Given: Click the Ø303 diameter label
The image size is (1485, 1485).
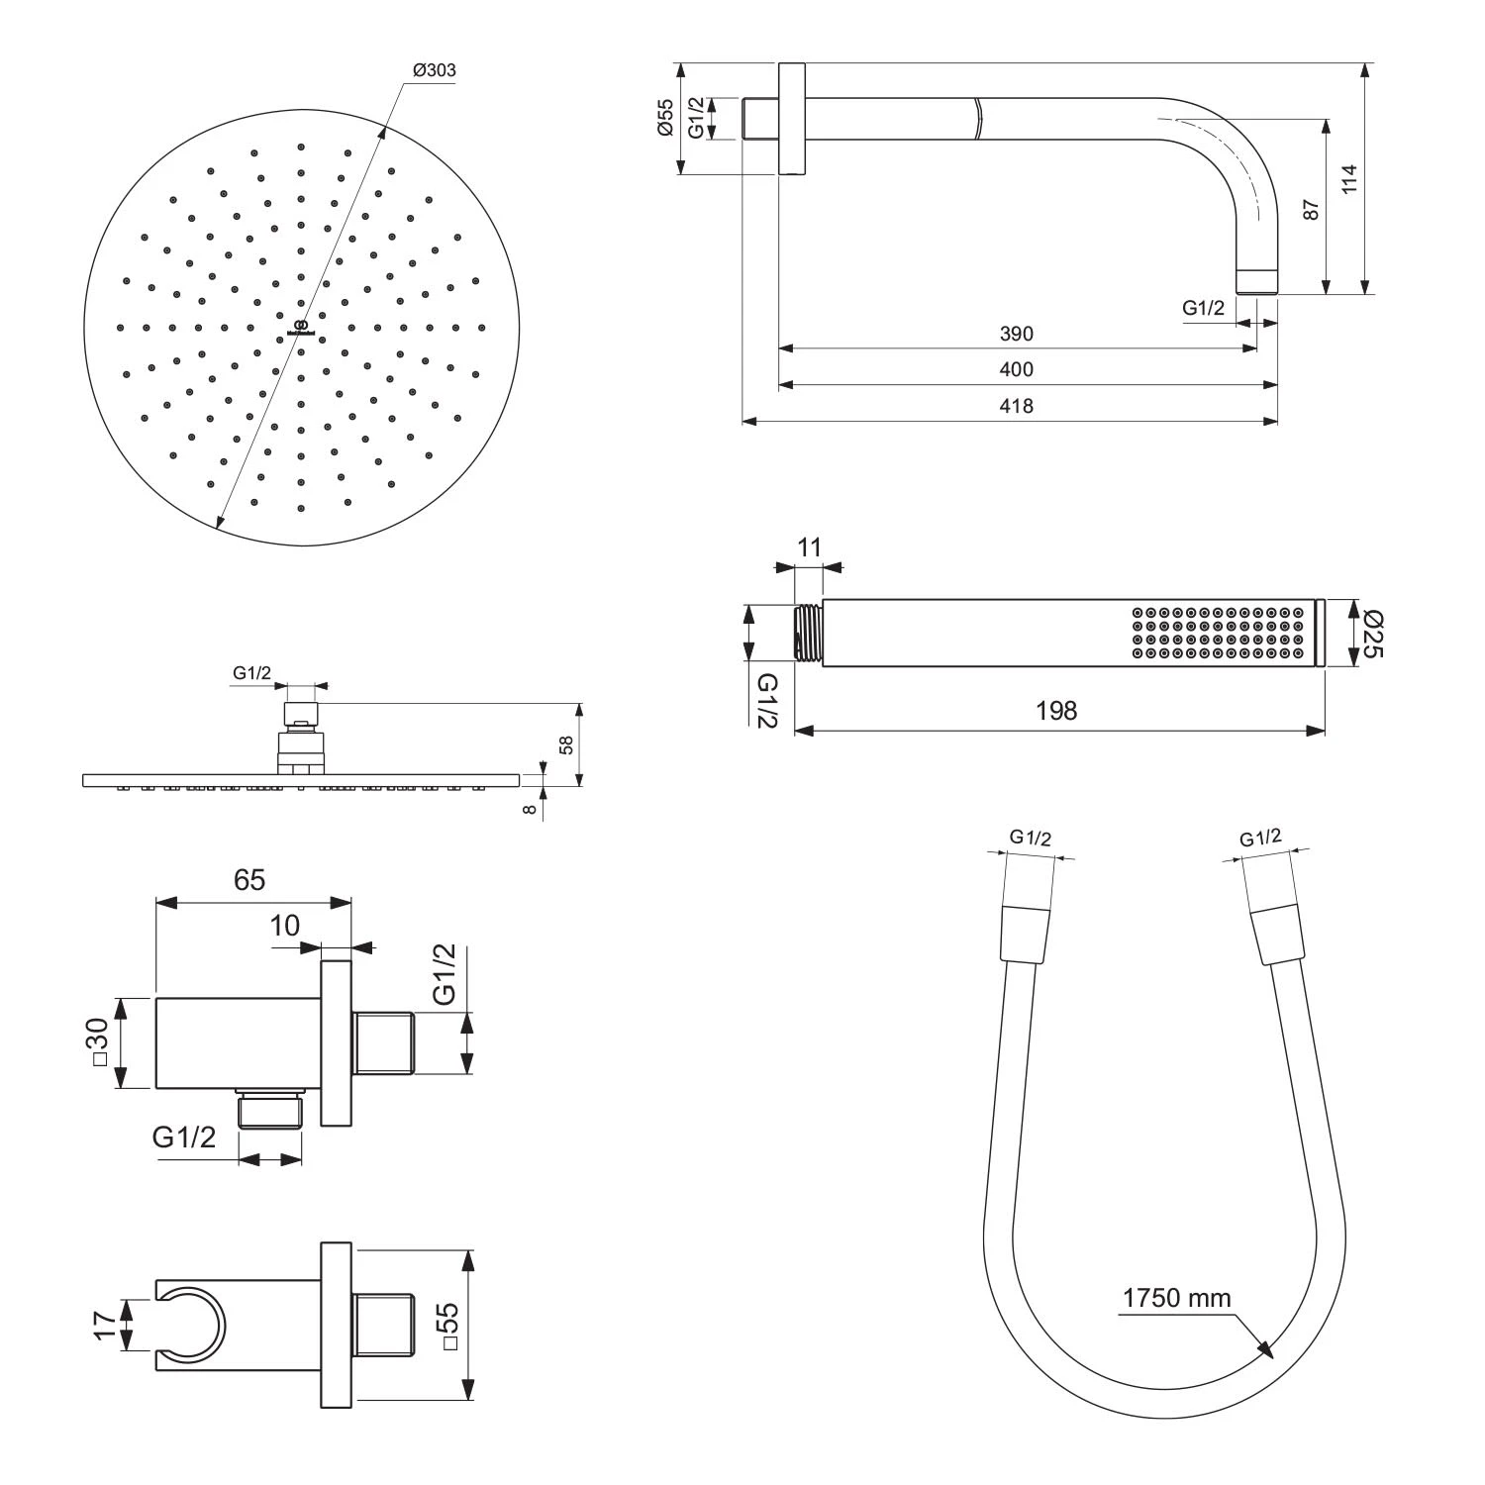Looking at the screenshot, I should (434, 70).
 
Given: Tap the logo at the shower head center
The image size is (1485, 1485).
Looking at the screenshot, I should (301, 328).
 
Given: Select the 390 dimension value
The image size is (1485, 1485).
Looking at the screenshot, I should (1016, 335).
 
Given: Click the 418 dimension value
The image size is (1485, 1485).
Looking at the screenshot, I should (1016, 406).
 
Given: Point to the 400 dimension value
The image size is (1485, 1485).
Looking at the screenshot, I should (1016, 370).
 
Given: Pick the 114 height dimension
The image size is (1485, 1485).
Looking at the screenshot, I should (1350, 179).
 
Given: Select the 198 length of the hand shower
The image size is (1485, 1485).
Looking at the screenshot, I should (1056, 711).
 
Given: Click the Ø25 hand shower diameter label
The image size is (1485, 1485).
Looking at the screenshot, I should (1373, 634).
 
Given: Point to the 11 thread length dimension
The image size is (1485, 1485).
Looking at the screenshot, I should (809, 547).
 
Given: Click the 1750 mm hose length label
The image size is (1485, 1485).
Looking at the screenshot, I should (1176, 1298).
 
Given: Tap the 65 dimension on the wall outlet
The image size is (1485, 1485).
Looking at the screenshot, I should (249, 879).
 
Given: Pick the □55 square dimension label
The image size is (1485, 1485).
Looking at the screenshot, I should (446, 1326).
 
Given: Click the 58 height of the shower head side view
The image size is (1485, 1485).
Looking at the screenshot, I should (566, 744).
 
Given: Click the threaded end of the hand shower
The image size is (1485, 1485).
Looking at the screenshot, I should (808, 633).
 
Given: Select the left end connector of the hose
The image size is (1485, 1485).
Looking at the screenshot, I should (1024, 933).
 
